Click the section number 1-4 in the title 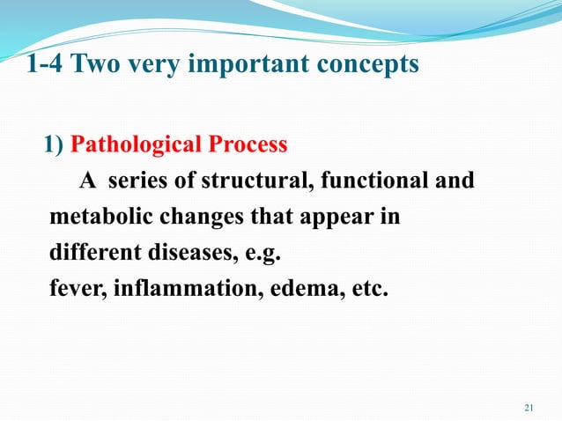[45, 64]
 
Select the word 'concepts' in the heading [370, 65]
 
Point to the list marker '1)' [54, 144]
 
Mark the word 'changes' [189, 217]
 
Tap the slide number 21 [529, 407]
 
